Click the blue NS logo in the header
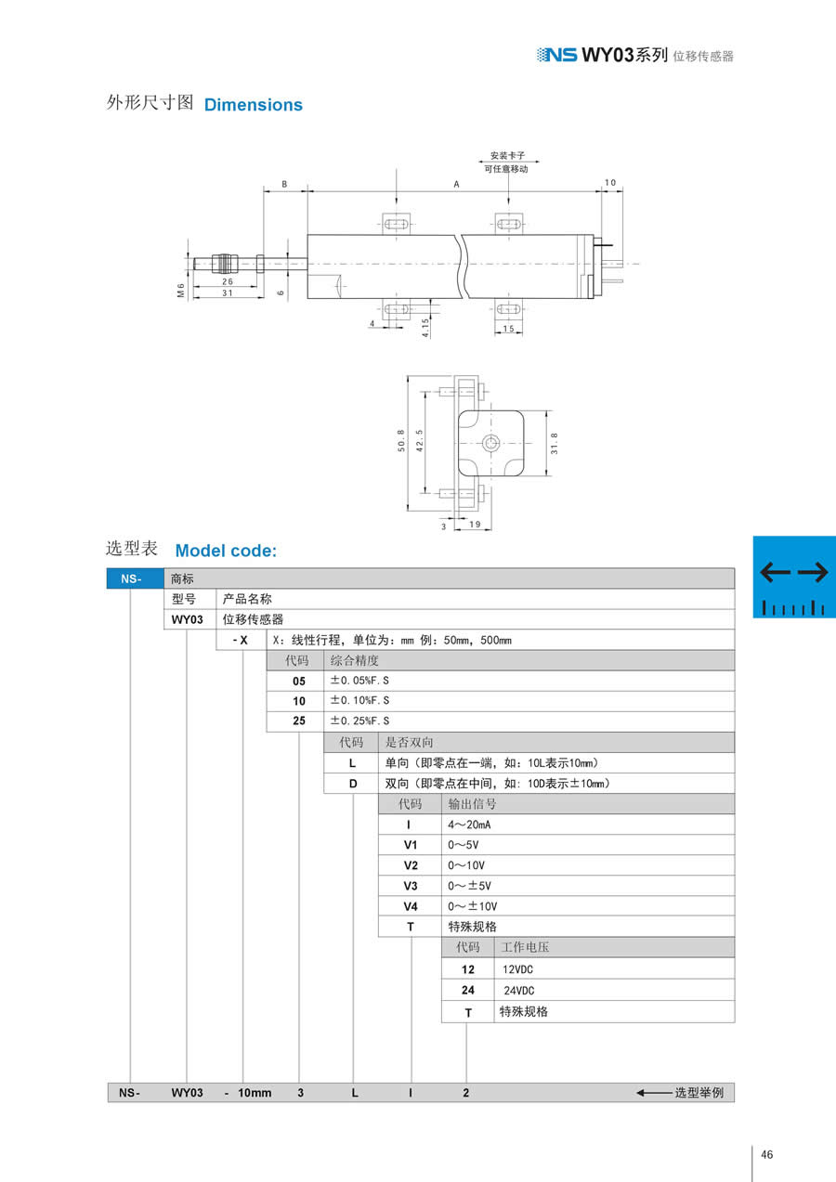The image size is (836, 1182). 556,55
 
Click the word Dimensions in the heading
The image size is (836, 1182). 253,105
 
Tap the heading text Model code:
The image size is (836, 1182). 226,551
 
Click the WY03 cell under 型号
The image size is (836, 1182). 188,619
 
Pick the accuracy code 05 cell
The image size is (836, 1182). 298,681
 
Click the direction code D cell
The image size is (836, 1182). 352,784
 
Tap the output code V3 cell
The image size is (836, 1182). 411,886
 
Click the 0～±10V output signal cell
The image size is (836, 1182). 474,906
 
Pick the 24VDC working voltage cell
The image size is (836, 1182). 517,991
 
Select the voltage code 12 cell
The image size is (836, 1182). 468,968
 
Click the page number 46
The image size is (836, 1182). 766,1155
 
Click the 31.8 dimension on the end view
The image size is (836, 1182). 555,445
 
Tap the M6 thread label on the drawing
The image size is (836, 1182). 182,292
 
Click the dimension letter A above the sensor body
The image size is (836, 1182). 456,185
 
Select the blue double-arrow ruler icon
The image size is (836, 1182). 793,577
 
